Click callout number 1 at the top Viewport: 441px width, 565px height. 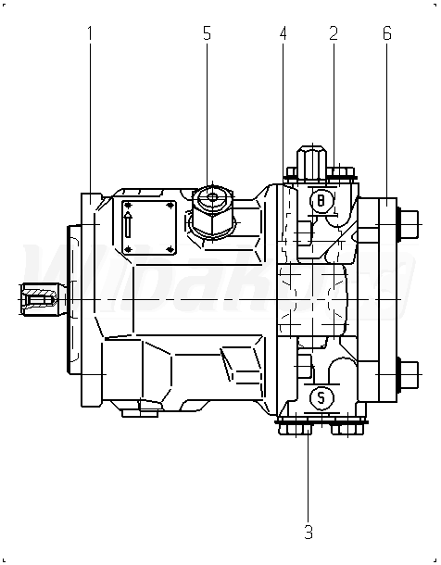click(x=90, y=33)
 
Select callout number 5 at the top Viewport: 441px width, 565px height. click(x=207, y=33)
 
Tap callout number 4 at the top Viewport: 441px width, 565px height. click(x=283, y=33)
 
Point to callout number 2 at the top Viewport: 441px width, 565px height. click(x=334, y=33)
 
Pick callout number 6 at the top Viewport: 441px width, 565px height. click(x=387, y=33)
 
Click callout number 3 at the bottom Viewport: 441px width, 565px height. click(x=309, y=532)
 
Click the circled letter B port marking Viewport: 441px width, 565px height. click(x=321, y=200)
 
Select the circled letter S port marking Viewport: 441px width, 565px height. click(x=321, y=398)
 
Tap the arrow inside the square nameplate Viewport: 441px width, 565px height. click(x=128, y=224)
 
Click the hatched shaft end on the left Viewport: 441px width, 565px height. click(x=39, y=299)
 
